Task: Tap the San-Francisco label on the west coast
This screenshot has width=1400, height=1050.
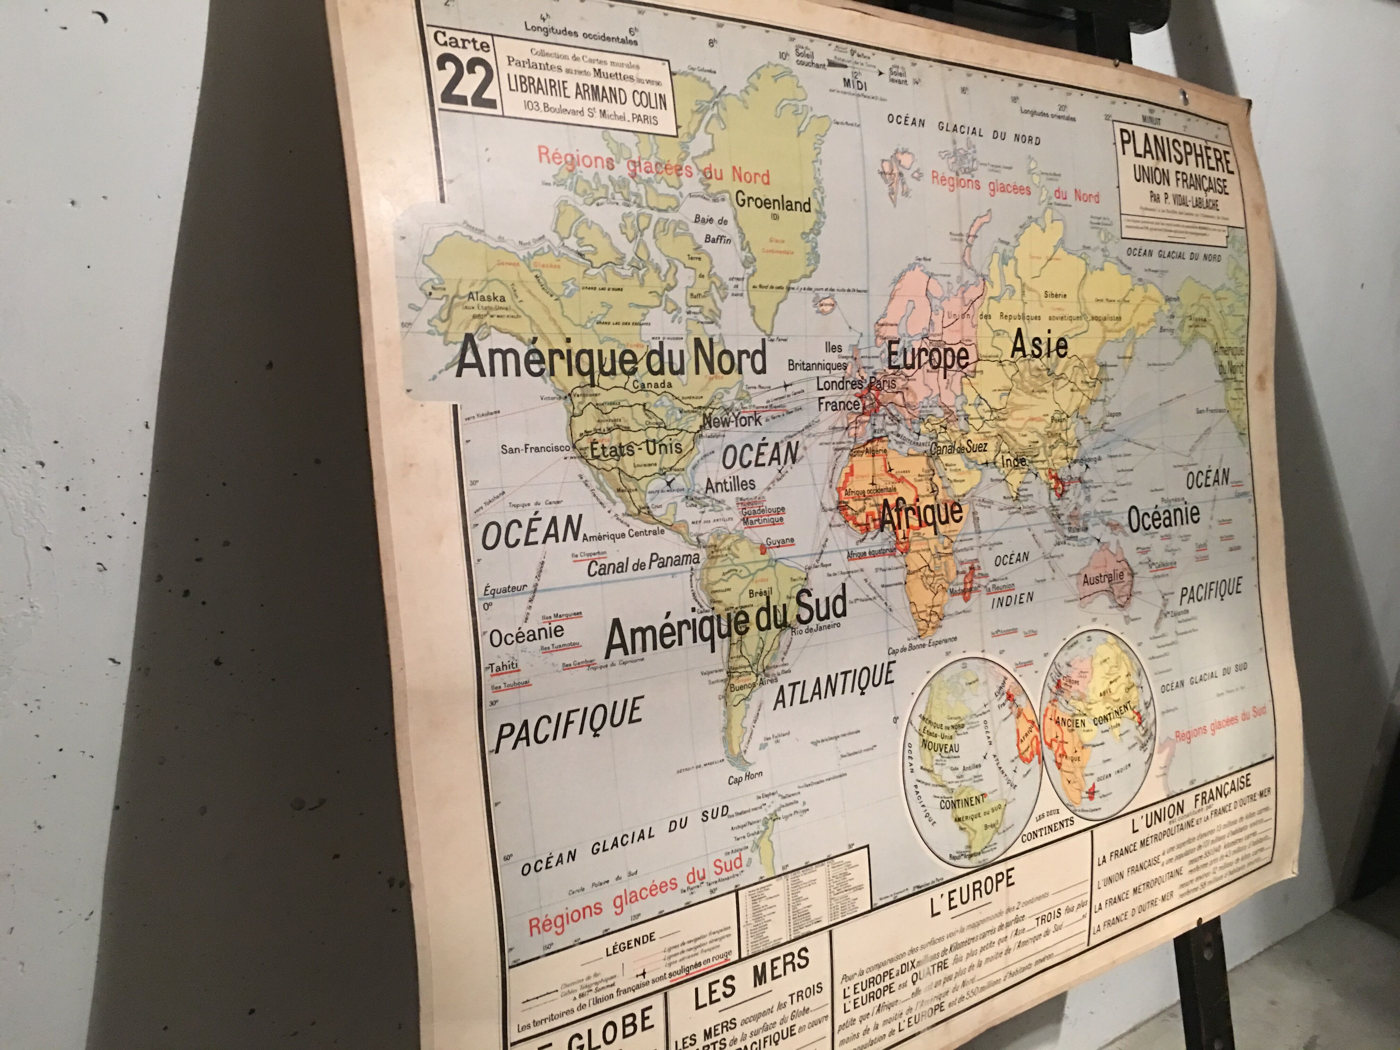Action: [x=535, y=449]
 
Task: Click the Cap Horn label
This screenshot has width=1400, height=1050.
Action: [x=745, y=777]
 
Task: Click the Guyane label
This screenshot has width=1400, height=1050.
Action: [x=780, y=542]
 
